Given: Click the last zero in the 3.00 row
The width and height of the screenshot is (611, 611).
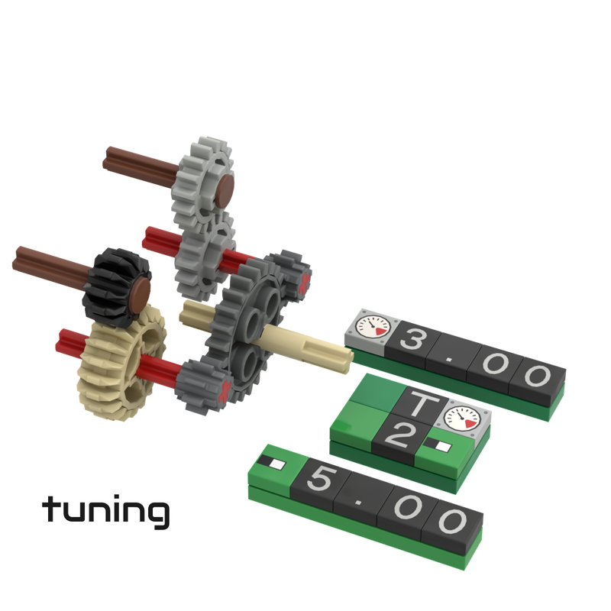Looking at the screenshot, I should [536, 377].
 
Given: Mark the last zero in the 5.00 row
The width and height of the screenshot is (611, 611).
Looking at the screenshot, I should [454, 522].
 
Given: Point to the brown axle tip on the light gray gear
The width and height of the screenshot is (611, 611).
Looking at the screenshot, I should [225, 186].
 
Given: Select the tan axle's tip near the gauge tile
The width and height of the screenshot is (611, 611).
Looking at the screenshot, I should [342, 351].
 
